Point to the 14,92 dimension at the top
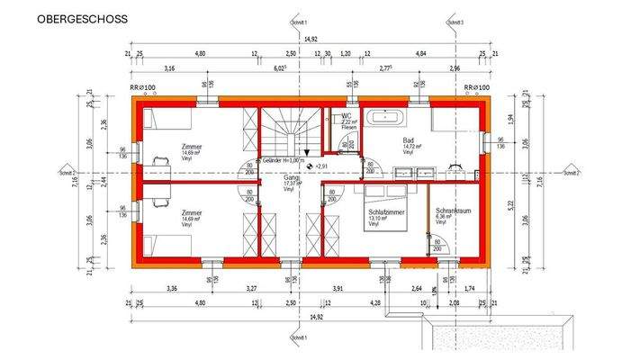click(x=311, y=39)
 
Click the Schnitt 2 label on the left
click(x=66, y=172)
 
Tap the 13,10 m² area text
click(x=377, y=217)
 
